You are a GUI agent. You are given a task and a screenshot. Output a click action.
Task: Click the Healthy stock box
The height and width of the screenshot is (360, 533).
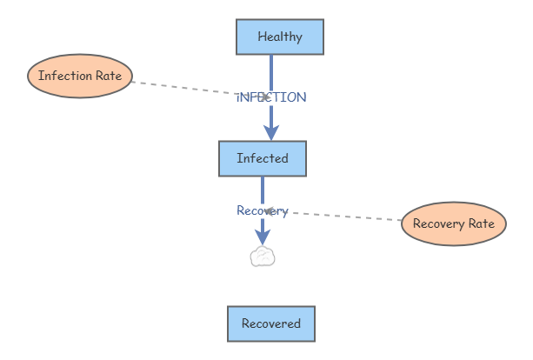(280, 37)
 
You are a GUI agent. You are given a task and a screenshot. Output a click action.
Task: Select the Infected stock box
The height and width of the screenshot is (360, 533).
(262, 158)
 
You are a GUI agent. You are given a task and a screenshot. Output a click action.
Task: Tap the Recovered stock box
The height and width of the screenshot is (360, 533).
(270, 323)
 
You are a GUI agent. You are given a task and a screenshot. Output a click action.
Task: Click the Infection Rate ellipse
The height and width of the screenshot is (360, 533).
(80, 76)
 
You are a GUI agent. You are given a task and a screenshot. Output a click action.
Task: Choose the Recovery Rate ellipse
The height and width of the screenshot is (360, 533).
(453, 223)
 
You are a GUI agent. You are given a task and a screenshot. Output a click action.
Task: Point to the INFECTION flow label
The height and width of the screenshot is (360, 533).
(271, 97)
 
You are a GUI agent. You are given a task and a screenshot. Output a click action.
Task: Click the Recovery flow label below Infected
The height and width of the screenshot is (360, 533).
(261, 210)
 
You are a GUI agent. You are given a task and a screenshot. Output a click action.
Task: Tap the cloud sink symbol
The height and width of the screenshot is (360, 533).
(263, 257)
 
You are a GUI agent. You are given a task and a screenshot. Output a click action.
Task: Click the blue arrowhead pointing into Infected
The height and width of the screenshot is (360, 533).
(271, 131)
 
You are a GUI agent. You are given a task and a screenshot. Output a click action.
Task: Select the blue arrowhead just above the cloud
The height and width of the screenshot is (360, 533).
(263, 237)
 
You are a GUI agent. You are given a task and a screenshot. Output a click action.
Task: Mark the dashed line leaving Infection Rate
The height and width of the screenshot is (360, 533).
(183, 88)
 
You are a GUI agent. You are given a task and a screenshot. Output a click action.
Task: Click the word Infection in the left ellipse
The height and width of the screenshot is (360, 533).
(65, 76)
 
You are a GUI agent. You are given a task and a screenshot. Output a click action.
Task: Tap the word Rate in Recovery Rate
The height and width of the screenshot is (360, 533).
(481, 223)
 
